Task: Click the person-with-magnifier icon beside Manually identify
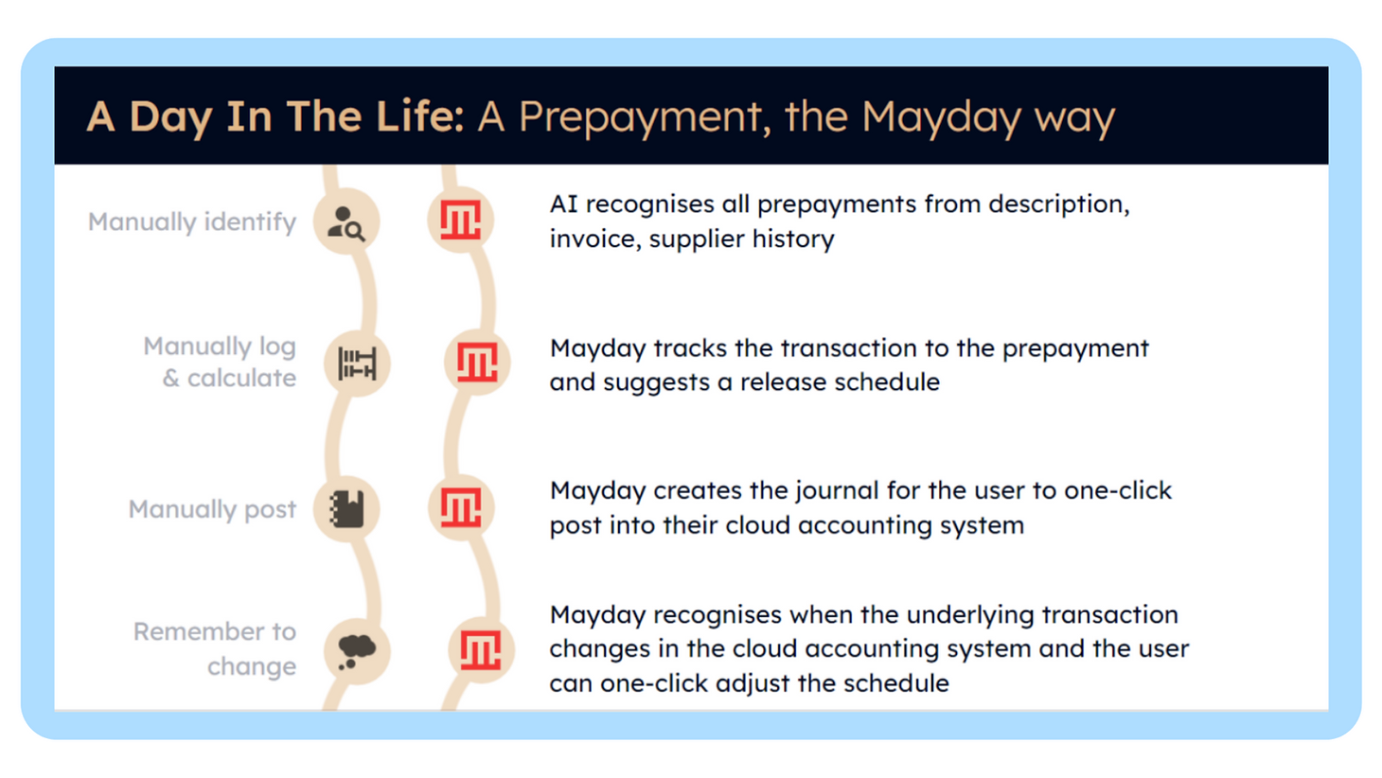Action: tap(346, 223)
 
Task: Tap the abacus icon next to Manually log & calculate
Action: tap(357, 363)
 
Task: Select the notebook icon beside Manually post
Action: tap(346, 509)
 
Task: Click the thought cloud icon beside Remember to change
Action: tap(357, 651)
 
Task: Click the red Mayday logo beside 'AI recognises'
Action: tap(460, 220)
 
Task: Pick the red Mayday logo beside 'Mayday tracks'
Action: tap(477, 362)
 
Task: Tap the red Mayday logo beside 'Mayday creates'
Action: tap(461, 507)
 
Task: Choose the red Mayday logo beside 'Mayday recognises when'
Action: tap(481, 649)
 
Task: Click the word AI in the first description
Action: tap(563, 204)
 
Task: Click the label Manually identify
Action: tap(192, 222)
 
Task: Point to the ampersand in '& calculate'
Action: tap(171, 379)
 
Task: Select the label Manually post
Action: tap(212, 510)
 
